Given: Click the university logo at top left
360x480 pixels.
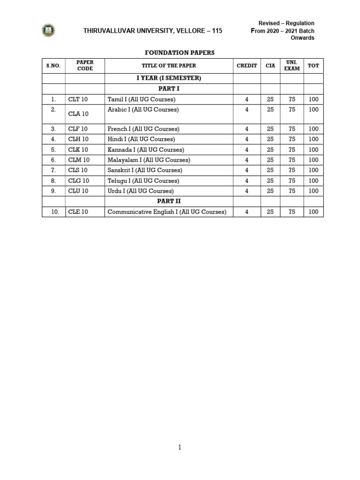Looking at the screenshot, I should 48,30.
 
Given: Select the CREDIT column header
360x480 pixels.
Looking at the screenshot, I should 247,66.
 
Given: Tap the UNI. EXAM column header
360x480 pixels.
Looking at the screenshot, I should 292,66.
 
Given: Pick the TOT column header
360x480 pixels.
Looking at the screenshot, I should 313,66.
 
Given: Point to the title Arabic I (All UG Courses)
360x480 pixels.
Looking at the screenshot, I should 143,110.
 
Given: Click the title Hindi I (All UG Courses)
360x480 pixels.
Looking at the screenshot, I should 141,139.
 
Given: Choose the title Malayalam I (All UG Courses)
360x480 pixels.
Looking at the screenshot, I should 149,160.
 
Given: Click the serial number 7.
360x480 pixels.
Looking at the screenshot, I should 53,170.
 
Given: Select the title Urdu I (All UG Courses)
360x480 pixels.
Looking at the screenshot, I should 141,191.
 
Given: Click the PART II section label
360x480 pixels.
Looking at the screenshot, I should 169,201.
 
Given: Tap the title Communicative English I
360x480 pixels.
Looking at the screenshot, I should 167,212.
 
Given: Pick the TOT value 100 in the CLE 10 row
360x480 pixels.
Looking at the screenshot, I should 314,212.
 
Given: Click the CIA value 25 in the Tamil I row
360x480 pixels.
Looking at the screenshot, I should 270,99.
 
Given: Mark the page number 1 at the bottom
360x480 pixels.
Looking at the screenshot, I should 180,447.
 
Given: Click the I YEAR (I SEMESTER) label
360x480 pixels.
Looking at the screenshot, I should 169,78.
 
